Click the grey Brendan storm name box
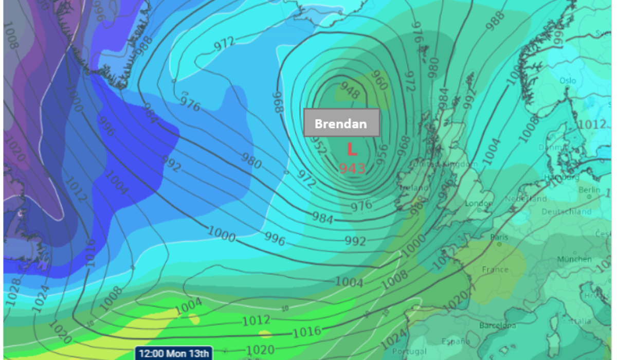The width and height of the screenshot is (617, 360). click(x=341, y=123)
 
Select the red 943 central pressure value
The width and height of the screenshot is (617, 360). click(x=352, y=168)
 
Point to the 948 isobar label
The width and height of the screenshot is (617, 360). click(x=350, y=92)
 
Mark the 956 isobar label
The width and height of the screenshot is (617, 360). click(x=382, y=154)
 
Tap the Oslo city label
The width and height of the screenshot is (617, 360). click(x=568, y=81)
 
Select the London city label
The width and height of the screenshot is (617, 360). click(x=475, y=204)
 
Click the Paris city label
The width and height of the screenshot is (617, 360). click(x=499, y=237)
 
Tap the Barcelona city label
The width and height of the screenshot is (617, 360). click(x=497, y=326)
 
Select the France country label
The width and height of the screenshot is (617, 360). click(x=495, y=269)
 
